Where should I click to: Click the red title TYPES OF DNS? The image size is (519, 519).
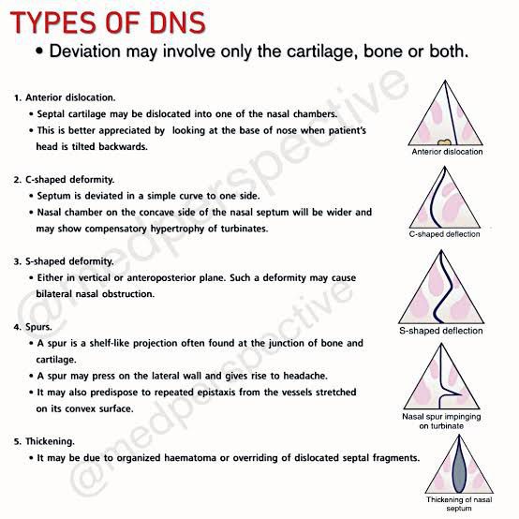(x=109, y=22)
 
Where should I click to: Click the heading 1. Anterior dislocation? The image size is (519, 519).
(x=65, y=97)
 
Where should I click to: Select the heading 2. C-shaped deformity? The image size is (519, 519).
(x=65, y=180)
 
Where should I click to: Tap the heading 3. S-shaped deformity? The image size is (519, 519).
(x=64, y=261)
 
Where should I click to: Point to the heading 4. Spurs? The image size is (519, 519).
(x=33, y=327)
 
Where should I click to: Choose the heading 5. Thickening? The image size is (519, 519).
(x=44, y=441)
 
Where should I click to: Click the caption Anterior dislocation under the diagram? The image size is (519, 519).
(x=447, y=152)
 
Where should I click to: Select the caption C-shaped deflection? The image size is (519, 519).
(x=445, y=234)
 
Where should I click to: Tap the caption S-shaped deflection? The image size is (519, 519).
(x=441, y=331)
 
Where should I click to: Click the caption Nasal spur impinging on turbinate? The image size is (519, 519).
(x=441, y=421)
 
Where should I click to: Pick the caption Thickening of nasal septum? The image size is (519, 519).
(x=459, y=503)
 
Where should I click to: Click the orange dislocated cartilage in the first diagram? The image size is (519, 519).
(x=444, y=142)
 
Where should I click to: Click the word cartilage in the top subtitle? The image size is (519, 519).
(x=322, y=52)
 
